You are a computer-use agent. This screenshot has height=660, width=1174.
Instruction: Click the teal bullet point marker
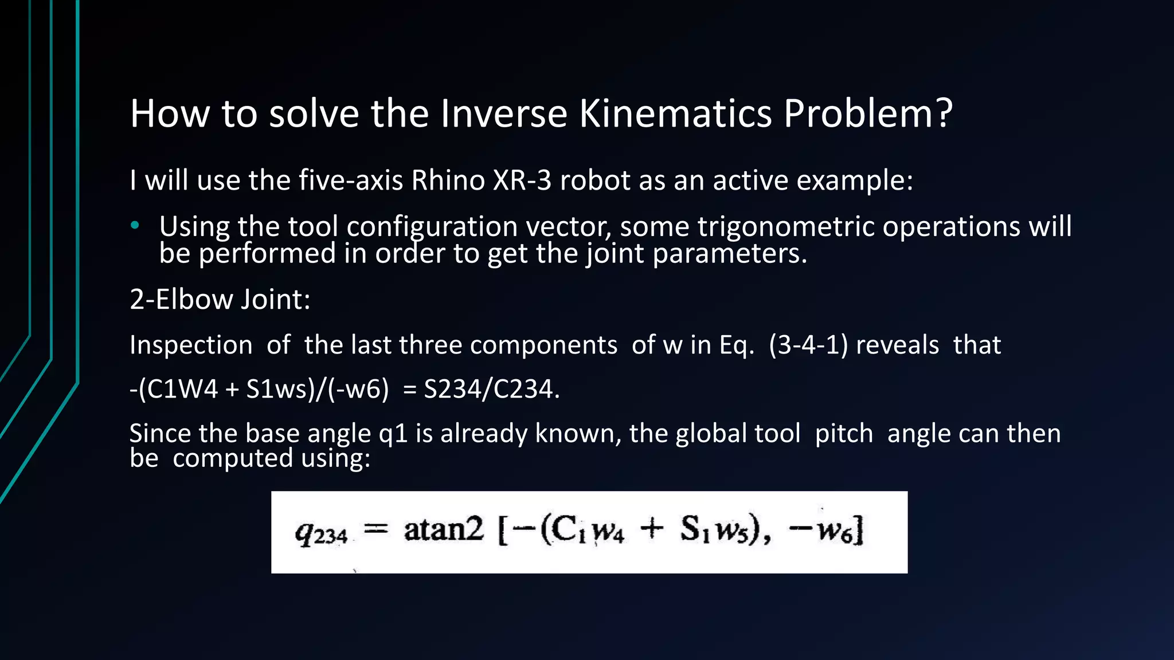(x=135, y=226)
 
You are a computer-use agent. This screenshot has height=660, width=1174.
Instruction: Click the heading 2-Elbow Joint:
(x=220, y=300)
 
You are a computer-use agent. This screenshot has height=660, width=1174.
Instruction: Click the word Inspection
(x=191, y=345)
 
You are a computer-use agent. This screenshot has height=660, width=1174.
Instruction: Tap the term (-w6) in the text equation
(x=358, y=390)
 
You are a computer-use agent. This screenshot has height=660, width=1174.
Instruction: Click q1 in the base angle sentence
(x=393, y=434)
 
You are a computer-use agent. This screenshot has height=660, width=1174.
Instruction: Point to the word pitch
(x=844, y=434)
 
